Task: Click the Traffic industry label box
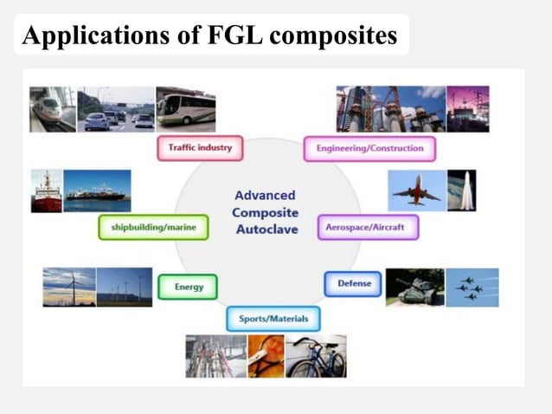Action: coord(200,148)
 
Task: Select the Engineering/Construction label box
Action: coord(369,148)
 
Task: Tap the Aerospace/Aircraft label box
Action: coord(368,228)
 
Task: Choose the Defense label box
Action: coord(353,283)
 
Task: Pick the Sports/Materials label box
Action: coord(273,319)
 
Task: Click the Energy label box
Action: coord(188,287)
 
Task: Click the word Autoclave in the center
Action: coord(266,230)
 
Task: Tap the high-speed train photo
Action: coord(52,109)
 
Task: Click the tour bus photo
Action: coord(185,109)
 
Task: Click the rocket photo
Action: coord(462,190)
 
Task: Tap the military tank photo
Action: coord(414,288)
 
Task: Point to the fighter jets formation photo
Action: coord(472,288)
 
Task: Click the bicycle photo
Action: coord(317,356)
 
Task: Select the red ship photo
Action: coord(47,191)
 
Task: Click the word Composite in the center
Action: coord(266,212)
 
